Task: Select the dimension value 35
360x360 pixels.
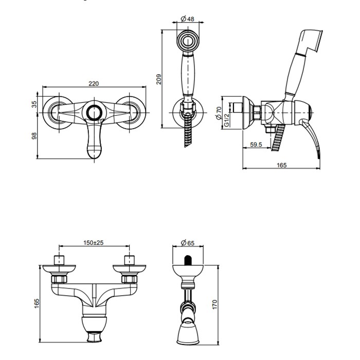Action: pyautogui.click(x=34, y=104)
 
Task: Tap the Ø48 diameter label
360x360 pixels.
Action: pyautogui.click(x=187, y=19)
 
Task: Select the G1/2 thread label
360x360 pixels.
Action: pyautogui.click(x=227, y=120)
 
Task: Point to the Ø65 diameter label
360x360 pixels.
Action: pyautogui.click(x=187, y=242)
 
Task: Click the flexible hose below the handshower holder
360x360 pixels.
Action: pyautogui.click(x=187, y=134)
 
